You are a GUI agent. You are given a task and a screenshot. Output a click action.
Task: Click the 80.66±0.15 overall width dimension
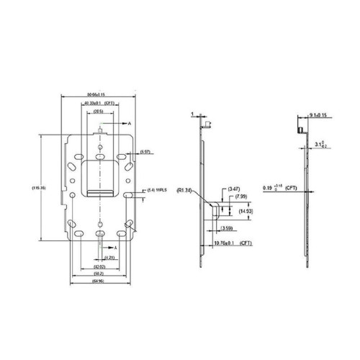click(x=100, y=95)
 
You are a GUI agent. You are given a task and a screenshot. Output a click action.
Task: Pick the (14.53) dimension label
click(x=246, y=210)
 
